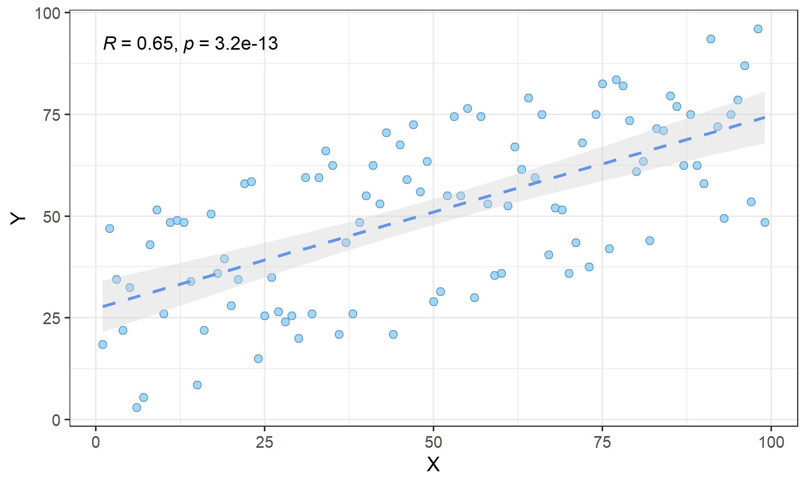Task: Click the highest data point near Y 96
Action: tap(758, 29)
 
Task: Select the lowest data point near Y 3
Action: tap(137, 407)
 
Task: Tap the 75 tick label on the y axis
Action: tap(52, 115)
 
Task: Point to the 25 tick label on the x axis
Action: tap(264, 442)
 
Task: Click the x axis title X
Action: tap(433, 465)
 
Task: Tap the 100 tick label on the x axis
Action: tap(771, 442)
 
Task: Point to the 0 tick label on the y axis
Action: tap(56, 420)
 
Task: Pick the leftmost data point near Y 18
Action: tap(103, 344)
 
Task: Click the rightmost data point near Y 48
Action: tap(765, 222)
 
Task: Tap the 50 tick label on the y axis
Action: tap(52, 217)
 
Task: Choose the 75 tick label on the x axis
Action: tap(602, 442)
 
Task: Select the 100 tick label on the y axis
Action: tap(47, 13)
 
